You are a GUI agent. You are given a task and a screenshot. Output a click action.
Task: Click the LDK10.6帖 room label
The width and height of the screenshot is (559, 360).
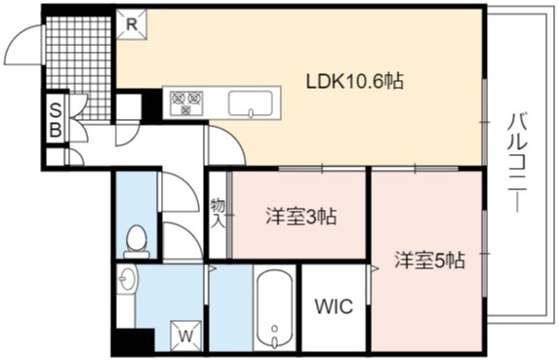point(355,81)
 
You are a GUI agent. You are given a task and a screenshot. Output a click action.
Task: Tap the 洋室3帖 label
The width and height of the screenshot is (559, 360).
point(300,216)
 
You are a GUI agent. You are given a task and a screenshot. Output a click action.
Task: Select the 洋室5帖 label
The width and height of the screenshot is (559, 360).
point(429,260)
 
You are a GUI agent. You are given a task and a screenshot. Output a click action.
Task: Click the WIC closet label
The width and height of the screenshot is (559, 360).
point(334,306)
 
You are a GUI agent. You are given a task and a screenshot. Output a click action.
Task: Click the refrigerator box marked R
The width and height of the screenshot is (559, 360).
point(132,24)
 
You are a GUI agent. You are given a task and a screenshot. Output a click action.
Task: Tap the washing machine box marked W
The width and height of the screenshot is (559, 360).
point(185,336)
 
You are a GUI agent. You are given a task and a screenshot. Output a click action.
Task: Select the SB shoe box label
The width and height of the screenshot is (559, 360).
point(56,120)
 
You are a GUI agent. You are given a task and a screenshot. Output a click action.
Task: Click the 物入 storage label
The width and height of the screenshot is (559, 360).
point(218,213)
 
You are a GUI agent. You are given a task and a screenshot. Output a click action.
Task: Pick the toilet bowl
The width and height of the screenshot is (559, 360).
point(137,241)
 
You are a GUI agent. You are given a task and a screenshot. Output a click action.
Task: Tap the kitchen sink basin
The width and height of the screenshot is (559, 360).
point(251,103)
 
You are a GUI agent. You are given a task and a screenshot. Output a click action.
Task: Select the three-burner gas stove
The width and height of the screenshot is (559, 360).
point(186,103)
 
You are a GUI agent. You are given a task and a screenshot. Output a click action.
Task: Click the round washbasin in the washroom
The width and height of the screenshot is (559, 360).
point(127,278)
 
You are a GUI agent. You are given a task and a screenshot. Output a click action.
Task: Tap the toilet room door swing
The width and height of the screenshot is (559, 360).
point(179,192)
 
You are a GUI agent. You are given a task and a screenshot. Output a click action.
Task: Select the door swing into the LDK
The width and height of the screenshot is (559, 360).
point(226,144)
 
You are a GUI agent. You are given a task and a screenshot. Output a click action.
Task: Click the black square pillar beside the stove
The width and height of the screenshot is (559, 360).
point(152,106)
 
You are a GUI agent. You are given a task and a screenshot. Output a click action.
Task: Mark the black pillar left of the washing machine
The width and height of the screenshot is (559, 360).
point(135,341)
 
